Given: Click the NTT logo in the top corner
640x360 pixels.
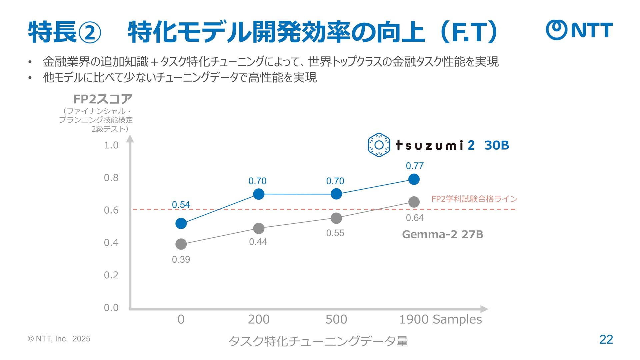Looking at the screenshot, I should pos(579,30).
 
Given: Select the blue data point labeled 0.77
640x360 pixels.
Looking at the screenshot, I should pos(414,179).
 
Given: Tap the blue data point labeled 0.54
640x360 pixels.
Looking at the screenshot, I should pos(181,223).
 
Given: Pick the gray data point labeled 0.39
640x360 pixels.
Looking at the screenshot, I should pos(181,244).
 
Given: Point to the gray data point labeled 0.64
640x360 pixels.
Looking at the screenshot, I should pos(414,202).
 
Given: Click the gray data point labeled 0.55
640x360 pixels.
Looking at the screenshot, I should pos(336,218).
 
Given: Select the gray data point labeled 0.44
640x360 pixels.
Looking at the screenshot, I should pos(259,228).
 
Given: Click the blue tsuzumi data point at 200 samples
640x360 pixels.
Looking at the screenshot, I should pos(259,194).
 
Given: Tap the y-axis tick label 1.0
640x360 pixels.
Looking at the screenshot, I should pos(111,145).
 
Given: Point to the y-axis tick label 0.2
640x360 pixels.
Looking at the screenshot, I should pos(111,275).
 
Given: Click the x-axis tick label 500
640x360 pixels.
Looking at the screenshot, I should pos(336,319).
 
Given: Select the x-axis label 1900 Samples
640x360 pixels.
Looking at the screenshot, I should pos(440,319).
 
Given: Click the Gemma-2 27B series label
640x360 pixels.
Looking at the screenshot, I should pos(442,234).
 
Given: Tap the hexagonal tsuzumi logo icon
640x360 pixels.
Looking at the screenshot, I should pos(379,145).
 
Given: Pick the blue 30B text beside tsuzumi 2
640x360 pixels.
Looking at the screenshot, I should pos(496,145).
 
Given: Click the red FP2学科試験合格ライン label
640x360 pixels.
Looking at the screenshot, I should pos(474,199).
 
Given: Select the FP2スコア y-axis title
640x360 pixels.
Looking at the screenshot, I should pos(103,99).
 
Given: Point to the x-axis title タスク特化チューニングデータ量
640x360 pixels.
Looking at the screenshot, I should pos(318,341).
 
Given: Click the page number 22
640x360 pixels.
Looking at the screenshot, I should pos(606,339).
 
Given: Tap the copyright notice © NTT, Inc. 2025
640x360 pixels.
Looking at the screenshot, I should pos(59,339).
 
